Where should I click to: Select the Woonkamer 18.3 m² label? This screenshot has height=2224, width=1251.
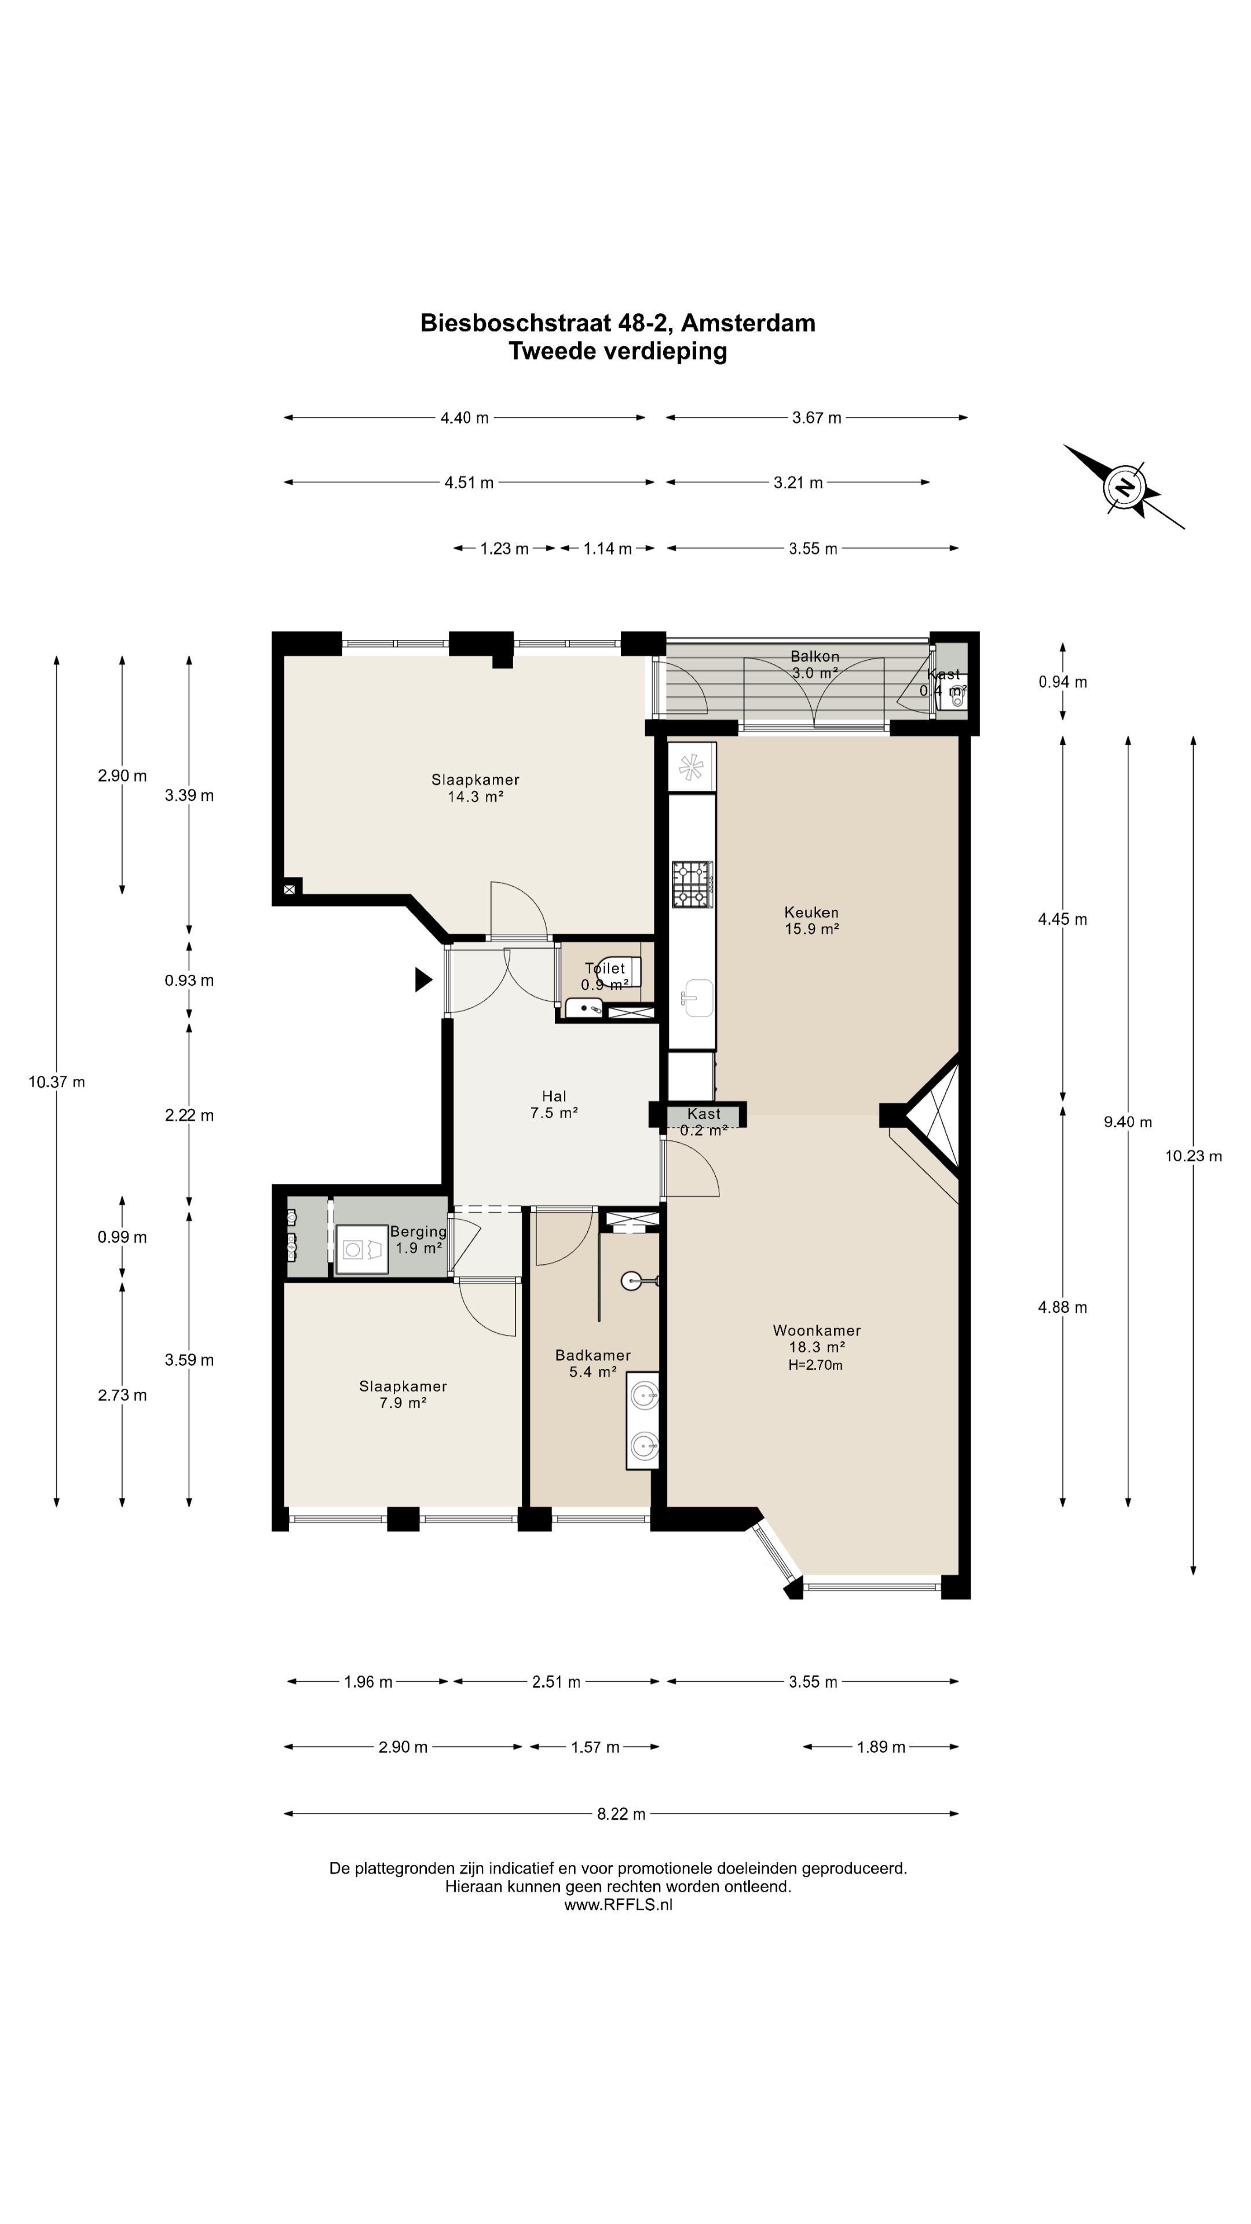[x=817, y=1338]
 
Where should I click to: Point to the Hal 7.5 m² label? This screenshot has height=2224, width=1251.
[x=554, y=1105]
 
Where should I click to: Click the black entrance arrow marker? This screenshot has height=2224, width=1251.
[x=423, y=979]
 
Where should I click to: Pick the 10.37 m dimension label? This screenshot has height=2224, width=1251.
[x=57, y=1082]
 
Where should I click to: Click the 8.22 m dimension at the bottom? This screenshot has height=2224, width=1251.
[x=621, y=1814]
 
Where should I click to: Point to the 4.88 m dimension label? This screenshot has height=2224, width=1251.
[x=1062, y=1307]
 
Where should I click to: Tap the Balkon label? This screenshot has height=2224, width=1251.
[x=814, y=656]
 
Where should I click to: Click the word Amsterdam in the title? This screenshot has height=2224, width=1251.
[x=751, y=323]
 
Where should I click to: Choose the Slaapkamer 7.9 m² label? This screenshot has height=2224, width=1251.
[x=403, y=1394]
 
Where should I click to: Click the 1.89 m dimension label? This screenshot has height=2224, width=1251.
[x=880, y=1747]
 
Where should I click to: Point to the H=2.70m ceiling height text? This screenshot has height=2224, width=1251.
[x=815, y=1365]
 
